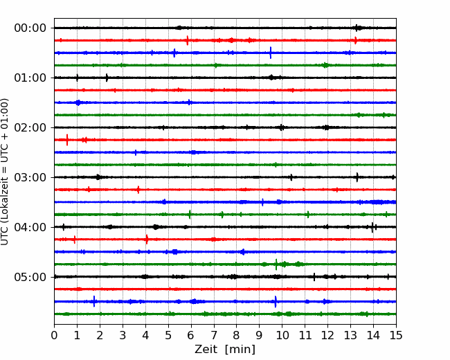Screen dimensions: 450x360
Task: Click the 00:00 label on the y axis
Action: tap(30, 28)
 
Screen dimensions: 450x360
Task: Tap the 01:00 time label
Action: tap(30, 78)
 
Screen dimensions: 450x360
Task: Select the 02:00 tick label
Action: tap(30, 127)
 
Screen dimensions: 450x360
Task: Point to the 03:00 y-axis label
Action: tap(30, 177)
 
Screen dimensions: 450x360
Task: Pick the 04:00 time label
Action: tap(30, 227)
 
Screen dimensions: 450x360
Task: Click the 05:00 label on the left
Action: tap(30, 277)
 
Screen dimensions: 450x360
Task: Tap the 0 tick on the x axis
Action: tap(54, 335)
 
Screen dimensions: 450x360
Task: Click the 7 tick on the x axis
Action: tap(214, 335)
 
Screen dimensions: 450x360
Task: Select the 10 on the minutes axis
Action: tap(282, 335)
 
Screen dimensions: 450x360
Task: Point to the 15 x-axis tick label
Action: tap(396, 335)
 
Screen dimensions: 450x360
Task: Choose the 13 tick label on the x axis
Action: tap(350, 335)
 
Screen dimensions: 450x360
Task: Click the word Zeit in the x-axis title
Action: tap(206, 350)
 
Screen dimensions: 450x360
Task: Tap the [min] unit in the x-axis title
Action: tap(240, 350)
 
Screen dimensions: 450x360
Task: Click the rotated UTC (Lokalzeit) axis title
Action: tap(4, 172)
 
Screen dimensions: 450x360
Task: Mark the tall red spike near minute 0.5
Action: tap(67, 140)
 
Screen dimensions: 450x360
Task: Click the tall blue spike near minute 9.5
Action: tap(270, 53)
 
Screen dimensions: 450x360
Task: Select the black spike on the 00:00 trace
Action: tap(357, 28)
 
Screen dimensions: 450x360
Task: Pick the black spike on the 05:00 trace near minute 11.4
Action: tap(314, 277)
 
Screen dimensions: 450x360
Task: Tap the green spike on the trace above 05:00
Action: tap(276, 264)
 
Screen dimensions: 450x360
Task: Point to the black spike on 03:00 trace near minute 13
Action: tap(357, 177)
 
